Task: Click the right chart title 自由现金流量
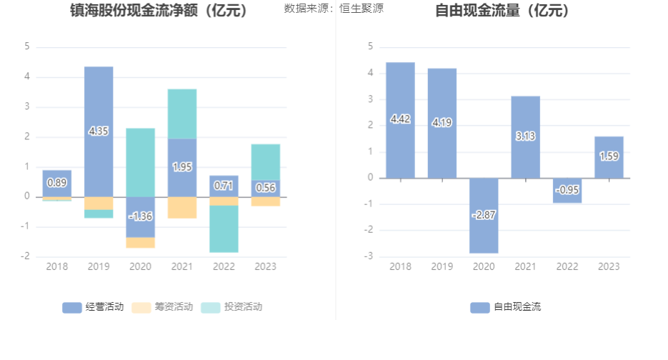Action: tap(502, 11)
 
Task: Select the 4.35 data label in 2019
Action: tap(99, 131)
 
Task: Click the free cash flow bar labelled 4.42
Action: tap(400, 120)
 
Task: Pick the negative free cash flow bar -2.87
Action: tap(484, 215)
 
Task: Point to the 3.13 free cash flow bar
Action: tap(525, 136)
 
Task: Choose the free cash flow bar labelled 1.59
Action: tap(609, 156)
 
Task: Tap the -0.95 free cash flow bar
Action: tap(567, 190)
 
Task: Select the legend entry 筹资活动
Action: tap(163, 307)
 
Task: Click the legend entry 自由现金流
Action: tap(506, 307)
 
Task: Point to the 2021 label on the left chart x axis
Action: tap(182, 266)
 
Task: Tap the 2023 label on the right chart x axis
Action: tap(609, 266)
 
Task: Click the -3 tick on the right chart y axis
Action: tap(371, 256)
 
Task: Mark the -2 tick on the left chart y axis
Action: tap(26, 256)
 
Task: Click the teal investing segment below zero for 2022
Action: tap(224, 229)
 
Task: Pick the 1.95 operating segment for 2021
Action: tap(182, 167)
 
